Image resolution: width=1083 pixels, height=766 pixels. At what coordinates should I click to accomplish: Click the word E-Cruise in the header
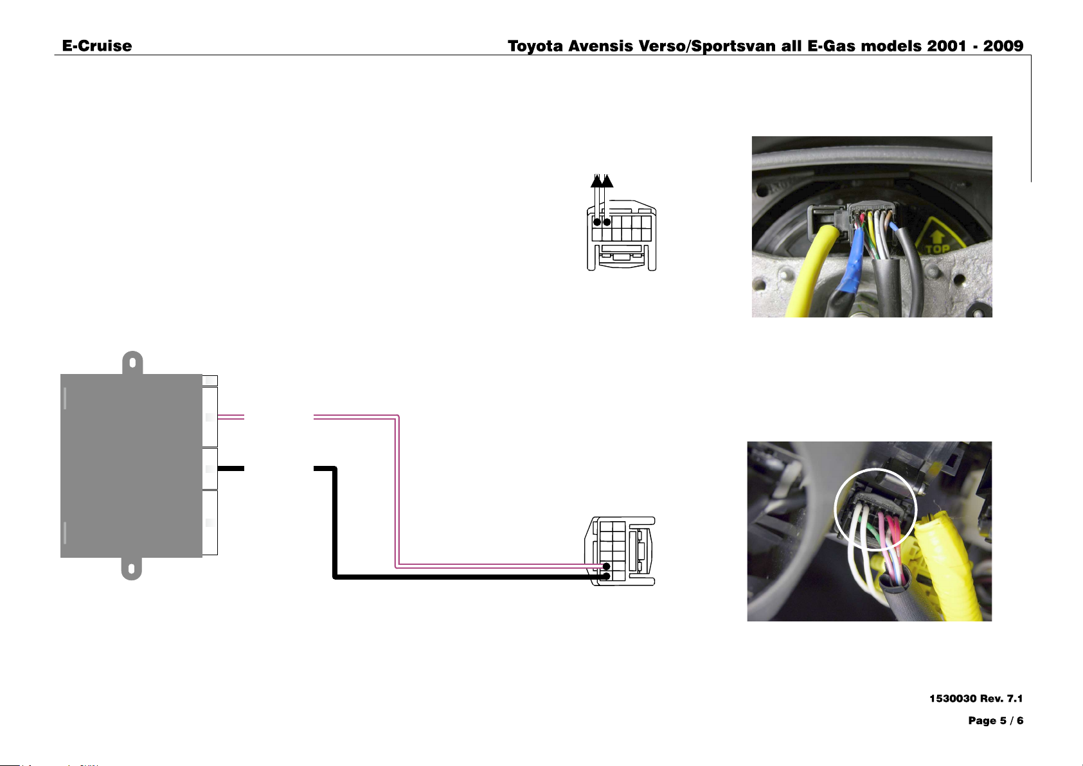96,46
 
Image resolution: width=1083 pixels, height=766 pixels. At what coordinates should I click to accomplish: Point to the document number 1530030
953,699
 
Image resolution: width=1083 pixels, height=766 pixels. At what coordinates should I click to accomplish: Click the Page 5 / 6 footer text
996,720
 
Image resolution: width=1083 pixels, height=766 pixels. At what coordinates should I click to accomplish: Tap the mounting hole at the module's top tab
132,362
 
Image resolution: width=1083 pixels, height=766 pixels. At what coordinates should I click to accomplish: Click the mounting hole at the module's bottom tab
131,568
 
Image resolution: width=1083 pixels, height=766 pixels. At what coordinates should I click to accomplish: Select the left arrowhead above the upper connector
596,181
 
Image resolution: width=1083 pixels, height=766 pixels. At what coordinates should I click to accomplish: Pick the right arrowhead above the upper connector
607,181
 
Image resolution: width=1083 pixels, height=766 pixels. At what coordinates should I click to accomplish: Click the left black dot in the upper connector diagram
597,222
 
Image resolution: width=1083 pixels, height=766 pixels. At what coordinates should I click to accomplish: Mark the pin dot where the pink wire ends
606,566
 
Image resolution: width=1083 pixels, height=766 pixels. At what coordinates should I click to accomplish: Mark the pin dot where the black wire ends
606,576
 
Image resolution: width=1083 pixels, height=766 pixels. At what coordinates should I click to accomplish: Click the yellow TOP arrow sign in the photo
938,240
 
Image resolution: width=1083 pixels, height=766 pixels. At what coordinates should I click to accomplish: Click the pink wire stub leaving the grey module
231,416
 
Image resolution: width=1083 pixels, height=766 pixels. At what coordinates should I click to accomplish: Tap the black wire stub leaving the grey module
231,468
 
